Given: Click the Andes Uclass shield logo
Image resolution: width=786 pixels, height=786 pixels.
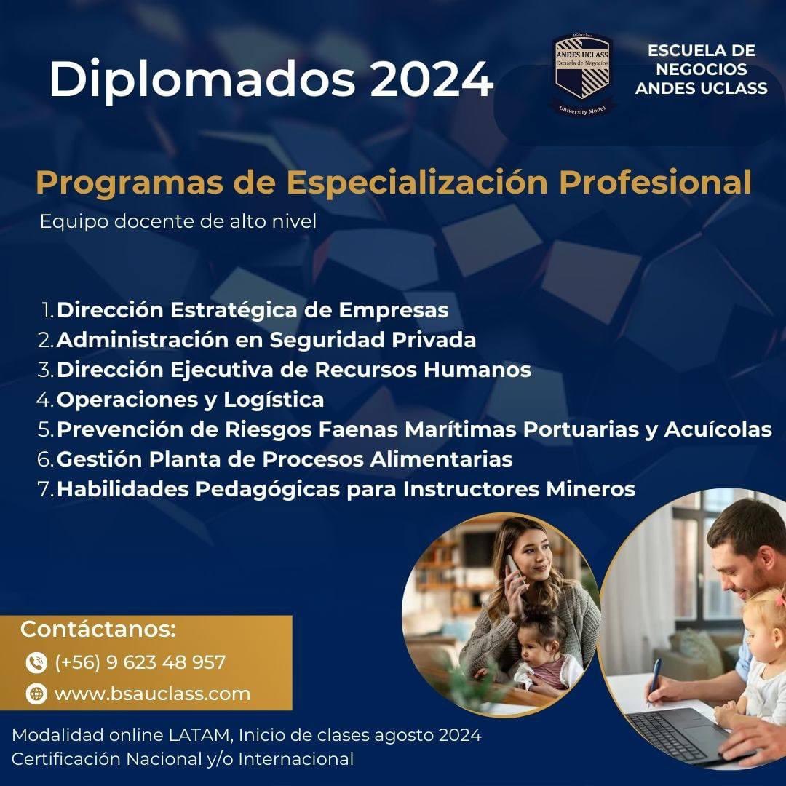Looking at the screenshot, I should pyautogui.click(x=582, y=73).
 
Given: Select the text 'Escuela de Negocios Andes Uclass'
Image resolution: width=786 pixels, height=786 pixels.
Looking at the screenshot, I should pyautogui.click(x=701, y=70).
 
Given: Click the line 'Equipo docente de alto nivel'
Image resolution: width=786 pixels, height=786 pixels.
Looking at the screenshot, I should pyautogui.click(x=178, y=221).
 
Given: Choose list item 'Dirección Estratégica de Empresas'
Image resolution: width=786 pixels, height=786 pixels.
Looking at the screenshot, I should pyautogui.click(x=253, y=310).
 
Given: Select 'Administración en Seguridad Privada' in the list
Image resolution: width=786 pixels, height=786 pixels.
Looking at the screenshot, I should pyautogui.click(x=266, y=340).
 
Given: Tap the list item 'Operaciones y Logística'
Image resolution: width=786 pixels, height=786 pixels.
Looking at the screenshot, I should pyautogui.click(x=190, y=400).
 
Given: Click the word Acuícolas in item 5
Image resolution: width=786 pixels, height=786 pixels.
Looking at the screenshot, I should pyautogui.click(x=718, y=429).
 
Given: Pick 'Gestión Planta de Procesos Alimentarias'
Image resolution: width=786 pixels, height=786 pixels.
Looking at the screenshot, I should pyautogui.click(x=285, y=459).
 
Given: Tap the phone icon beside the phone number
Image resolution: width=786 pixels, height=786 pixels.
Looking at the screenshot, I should pyautogui.click(x=36, y=663).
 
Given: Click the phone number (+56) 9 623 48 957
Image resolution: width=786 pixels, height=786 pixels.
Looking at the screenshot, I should pyautogui.click(x=140, y=663).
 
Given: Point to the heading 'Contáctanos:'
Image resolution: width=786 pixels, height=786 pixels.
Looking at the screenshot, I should pyautogui.click(x=98, y=629).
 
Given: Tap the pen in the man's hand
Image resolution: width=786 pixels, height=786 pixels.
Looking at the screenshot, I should pyautogui.click(x=656, y=680).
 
